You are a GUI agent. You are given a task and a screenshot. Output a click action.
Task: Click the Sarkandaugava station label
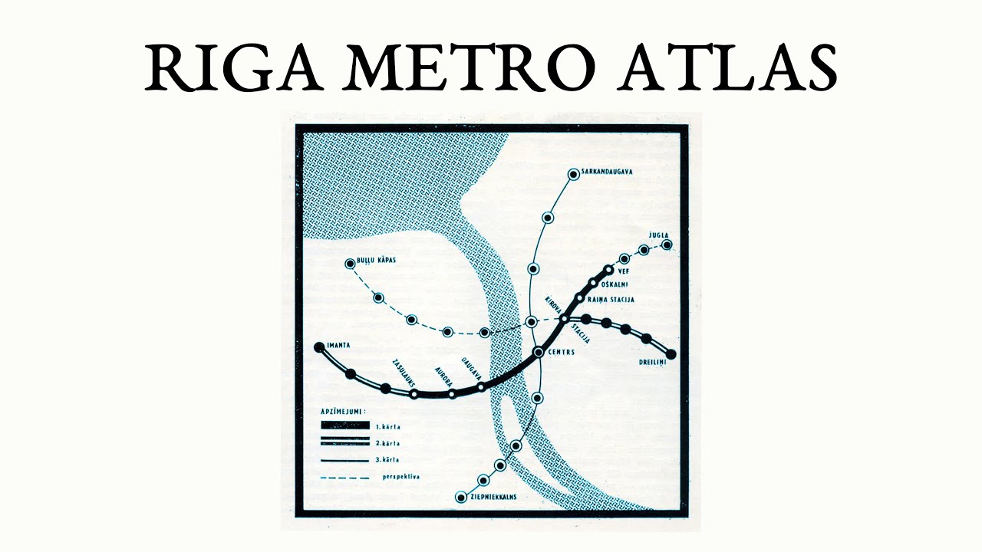(608, 172)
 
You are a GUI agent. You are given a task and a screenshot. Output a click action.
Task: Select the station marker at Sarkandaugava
(572, 175)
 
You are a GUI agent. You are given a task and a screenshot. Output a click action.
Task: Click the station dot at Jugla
(667, 245)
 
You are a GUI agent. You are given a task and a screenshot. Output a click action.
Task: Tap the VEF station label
(623, 271)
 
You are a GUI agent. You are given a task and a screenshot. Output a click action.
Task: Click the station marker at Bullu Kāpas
(351, 264)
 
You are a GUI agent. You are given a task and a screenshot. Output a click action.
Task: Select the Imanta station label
(338, 346)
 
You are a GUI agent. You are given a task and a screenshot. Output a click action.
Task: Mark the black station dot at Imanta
(319, 347)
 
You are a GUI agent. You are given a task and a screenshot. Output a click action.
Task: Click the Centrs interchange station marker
(539, 352)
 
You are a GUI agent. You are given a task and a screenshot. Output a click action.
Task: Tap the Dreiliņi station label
(650, 362)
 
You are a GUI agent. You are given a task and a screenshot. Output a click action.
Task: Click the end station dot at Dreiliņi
(671, 354)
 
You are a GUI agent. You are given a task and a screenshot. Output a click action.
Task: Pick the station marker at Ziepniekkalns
(460, 498)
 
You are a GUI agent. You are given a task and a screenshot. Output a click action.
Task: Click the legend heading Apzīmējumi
(343, 412)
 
